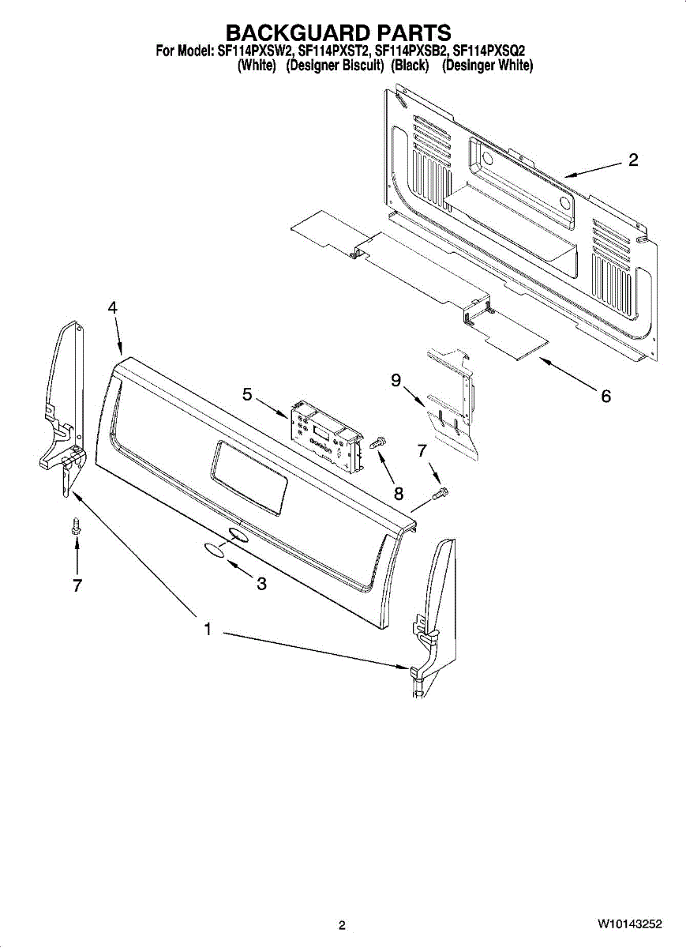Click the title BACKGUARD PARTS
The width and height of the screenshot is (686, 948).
339,32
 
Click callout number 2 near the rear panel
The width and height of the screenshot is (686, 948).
633,160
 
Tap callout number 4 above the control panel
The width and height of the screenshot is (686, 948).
113,307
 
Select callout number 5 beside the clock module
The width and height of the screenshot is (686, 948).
247,393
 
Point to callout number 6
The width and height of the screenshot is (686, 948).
605,396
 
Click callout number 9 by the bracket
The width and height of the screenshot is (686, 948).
395,381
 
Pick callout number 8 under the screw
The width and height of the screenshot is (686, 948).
399,494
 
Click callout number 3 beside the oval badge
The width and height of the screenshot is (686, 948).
261,585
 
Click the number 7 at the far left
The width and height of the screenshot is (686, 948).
77,585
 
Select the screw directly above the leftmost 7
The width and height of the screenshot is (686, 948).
77,526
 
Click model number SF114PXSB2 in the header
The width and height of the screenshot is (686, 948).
411,52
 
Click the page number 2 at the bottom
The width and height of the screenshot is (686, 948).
342,925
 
